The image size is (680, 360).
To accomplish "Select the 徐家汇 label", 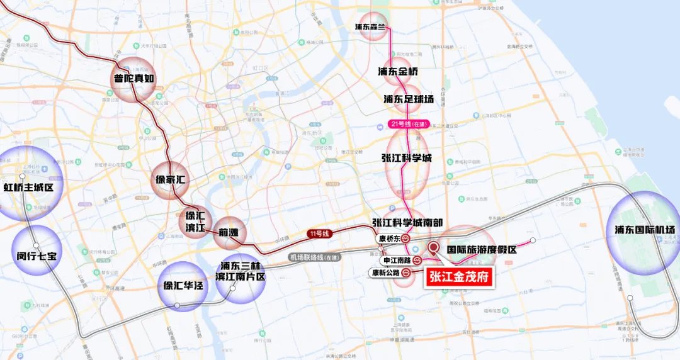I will click(172, 179).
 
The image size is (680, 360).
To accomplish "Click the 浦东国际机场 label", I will click(645, 230).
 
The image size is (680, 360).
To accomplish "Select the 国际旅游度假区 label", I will click(482, 249).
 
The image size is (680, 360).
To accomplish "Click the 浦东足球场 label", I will click(409, 99).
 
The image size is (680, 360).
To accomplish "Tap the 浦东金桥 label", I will click(398, 72).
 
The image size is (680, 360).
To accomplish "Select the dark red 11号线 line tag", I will click(319, 234).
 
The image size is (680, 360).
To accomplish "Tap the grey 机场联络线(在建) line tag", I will click(314, 257).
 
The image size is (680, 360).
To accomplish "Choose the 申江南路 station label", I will click(397, 260).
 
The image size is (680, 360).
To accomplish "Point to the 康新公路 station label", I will click(385, 273).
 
